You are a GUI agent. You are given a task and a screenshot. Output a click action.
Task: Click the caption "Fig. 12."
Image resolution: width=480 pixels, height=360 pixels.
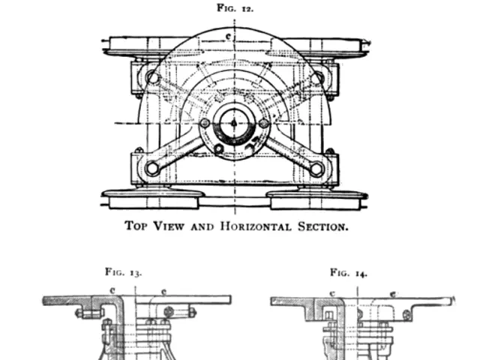235,8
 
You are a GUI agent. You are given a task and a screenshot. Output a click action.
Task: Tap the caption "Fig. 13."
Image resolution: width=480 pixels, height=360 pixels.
124,272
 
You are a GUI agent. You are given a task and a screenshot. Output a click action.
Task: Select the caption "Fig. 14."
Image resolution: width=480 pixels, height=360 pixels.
349,272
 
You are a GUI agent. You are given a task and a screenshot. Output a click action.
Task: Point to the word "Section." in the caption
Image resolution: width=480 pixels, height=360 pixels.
325,226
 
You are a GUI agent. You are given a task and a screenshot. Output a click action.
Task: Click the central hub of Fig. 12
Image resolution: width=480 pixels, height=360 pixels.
234,123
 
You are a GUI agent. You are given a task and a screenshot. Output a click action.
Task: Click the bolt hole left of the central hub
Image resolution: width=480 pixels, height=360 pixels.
205,123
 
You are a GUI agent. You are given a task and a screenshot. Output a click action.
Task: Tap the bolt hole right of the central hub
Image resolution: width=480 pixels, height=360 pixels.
263,123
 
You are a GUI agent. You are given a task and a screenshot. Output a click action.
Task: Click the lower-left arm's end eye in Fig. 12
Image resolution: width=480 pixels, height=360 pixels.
152,168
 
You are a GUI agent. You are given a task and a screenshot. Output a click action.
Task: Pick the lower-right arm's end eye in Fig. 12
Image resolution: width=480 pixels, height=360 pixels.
316,168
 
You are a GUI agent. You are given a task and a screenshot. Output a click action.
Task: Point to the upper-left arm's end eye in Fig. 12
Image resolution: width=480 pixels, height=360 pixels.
152,77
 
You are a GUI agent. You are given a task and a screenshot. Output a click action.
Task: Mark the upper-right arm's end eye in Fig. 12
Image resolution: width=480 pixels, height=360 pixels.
316,77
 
